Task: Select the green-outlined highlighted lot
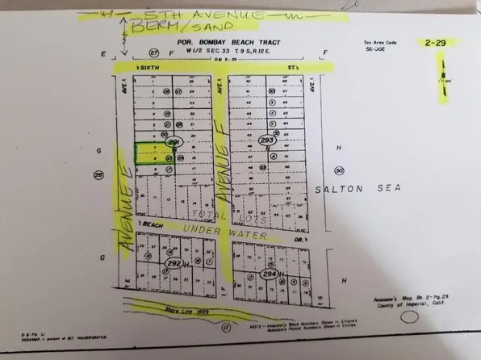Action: tap(148, 154)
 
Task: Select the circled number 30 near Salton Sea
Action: tap(339, 170)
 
